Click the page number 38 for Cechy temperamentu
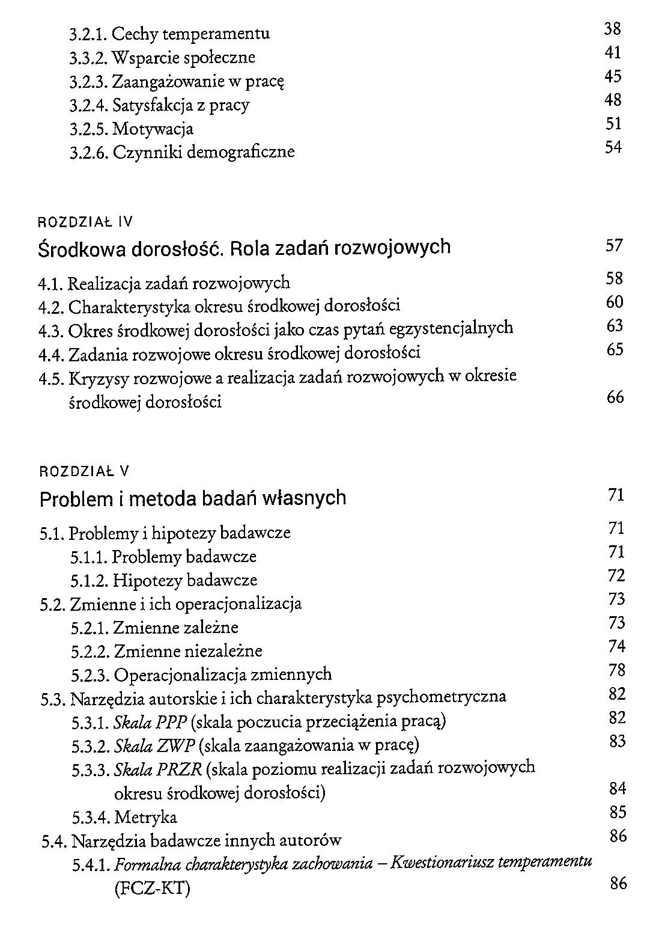[x=612, y=29]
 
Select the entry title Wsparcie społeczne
[x=184, y=58]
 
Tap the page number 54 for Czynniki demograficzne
[x=613, y=147]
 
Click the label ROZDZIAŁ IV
[x=85, y=222]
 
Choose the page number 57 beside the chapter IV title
[x=615, y=245]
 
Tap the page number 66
[x=615, y=397]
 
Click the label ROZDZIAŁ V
[x=84, y=471]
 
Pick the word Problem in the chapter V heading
[x=77, y=499]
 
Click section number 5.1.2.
[x=89, y=581]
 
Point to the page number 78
[x=617, y=670]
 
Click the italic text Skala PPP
[x=151, y=721]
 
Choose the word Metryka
[x=146, y=818]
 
